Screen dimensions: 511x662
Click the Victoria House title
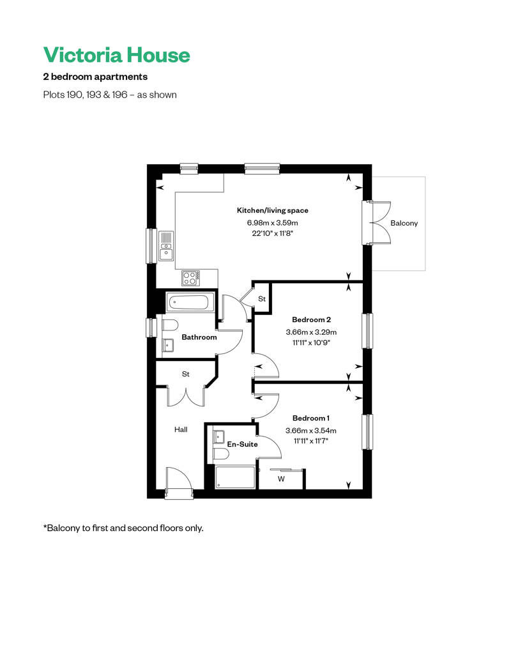point(116,55)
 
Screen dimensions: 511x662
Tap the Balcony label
point(404,223)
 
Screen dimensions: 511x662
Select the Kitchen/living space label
point(272,210)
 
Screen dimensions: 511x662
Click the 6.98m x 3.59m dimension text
point(272,222)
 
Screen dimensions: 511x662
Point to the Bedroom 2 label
point(312,319)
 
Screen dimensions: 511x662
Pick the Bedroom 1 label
point(311,418)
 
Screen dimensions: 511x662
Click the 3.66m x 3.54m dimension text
point(311,431)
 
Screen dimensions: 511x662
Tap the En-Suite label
point(242,444)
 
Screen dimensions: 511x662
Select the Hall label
point(181,429)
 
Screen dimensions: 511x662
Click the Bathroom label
point(199,337)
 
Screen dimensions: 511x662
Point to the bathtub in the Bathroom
point(190,302)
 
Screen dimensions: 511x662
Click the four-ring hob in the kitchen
point(190,278)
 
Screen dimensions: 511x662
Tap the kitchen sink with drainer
point(166,246)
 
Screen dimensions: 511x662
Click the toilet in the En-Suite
point(220,454)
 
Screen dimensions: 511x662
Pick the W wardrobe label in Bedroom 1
point(281,479)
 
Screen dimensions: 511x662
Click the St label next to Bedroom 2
point(262,299)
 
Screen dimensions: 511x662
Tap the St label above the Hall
point(186,374)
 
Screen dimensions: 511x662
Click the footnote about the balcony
point(123,528)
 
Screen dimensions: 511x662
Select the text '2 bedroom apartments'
point(95,77)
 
